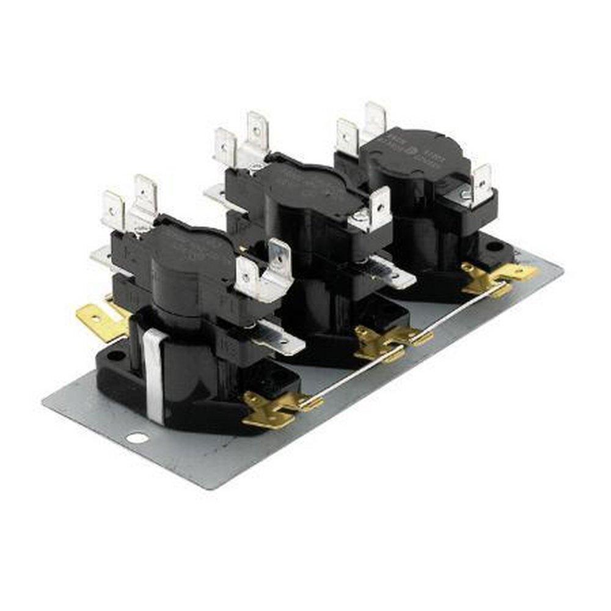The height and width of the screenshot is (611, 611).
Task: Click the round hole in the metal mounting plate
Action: tap(137, 437)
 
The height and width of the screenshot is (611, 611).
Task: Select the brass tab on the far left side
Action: tap(98, 321)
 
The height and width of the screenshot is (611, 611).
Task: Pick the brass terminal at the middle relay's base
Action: tap(385, 342)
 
